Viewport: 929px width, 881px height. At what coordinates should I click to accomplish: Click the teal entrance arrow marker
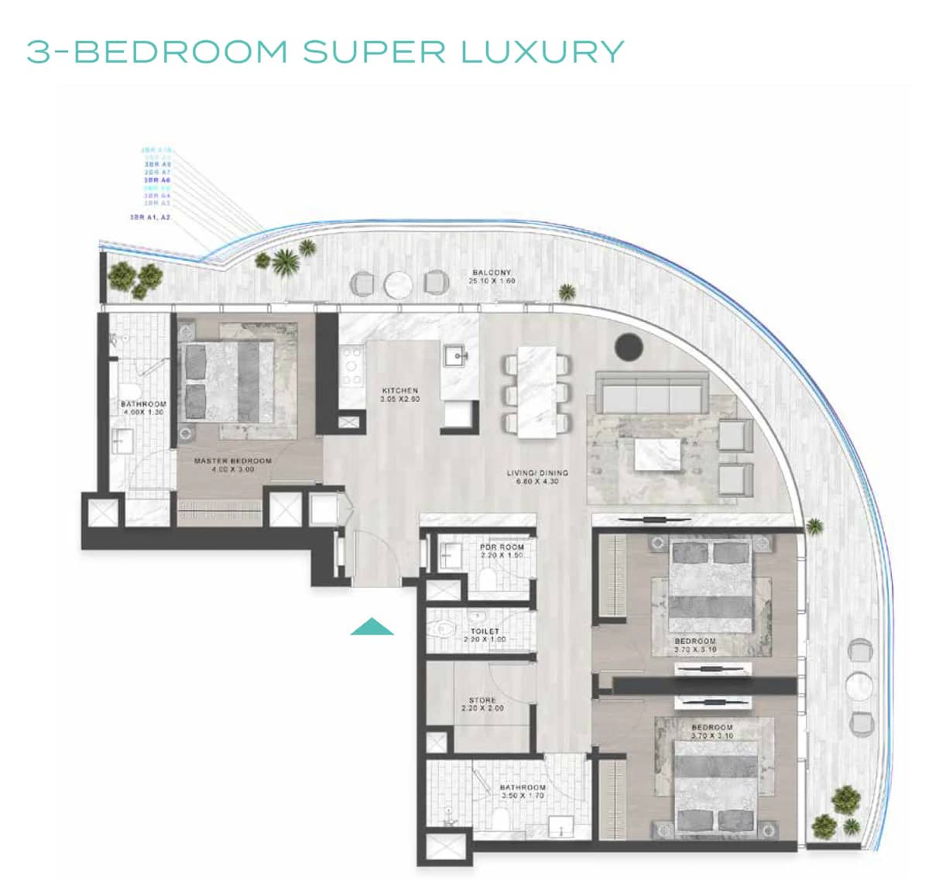point(372,627)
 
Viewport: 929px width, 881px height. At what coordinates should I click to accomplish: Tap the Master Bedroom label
point(232,464)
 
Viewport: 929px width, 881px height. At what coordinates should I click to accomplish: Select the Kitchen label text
point(399,395)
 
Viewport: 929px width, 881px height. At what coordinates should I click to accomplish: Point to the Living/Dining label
point(537,477)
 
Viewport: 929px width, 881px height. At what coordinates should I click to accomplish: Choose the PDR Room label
point(502,551)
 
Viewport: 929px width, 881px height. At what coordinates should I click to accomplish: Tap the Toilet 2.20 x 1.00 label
point(484,635)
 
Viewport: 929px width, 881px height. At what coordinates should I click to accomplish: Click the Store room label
point(482,704)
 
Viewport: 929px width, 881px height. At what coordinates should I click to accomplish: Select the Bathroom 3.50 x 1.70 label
point(523,791)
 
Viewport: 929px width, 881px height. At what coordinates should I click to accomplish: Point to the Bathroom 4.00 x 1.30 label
point(143,408)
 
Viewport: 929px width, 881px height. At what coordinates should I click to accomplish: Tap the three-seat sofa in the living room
point(651,396)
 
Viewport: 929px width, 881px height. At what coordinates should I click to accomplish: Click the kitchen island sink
point(455,358)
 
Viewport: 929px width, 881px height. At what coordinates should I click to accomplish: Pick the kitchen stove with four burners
point(352,365)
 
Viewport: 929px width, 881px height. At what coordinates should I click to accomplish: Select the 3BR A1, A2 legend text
point(150,218)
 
